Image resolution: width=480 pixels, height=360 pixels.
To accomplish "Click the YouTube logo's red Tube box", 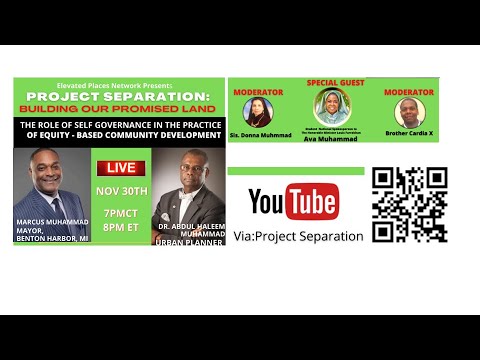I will pyautogui.click(x=310, y=202).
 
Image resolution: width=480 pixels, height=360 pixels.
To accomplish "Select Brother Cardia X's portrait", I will pyautogui.click(x=408, y=112).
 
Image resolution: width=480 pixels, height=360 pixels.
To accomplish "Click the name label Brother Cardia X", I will pyautogui.click(x=408, y=133).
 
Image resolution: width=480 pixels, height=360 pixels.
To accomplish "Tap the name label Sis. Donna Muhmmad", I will pyautogui.click(x=260, y=133).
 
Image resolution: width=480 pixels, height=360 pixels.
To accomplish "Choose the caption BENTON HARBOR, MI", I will pyautogui.click(x=53, y=239).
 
